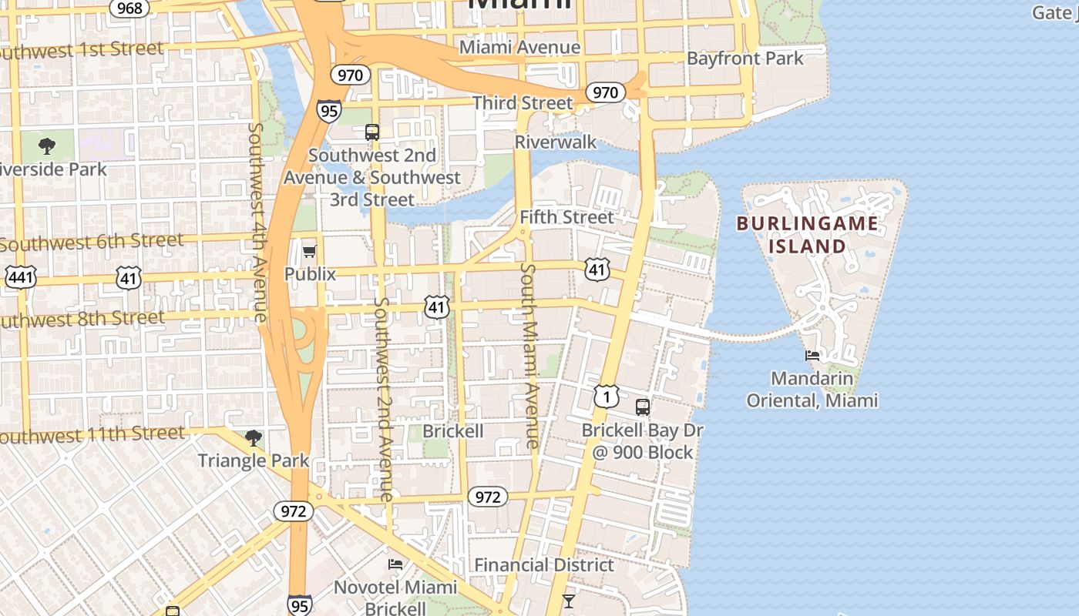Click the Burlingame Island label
coord(807,235)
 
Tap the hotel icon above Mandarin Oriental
coord(812,356)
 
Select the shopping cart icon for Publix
coord(309,251)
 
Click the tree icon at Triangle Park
coord(253,438)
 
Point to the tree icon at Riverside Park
coord(47,146)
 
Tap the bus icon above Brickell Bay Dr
coord(642,407)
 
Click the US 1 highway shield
coord(607,397)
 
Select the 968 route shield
coord(129,8)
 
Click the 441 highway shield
coord(20,277)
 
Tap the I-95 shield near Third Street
coord(328,111)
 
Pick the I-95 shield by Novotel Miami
coord(300,604)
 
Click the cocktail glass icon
coord(568,601)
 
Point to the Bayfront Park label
coord(745,59)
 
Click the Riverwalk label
coord(556,142)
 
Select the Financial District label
coord(544,565)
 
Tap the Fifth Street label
coord(566,217)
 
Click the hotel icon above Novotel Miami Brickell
coord(395,564)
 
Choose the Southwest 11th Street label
coord(92,435)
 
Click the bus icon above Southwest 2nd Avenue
coord(372,132)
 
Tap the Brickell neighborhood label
coord(453,431)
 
